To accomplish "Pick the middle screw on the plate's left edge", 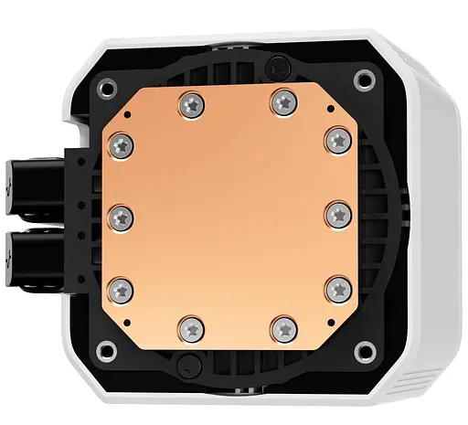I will tap(122, 216).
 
